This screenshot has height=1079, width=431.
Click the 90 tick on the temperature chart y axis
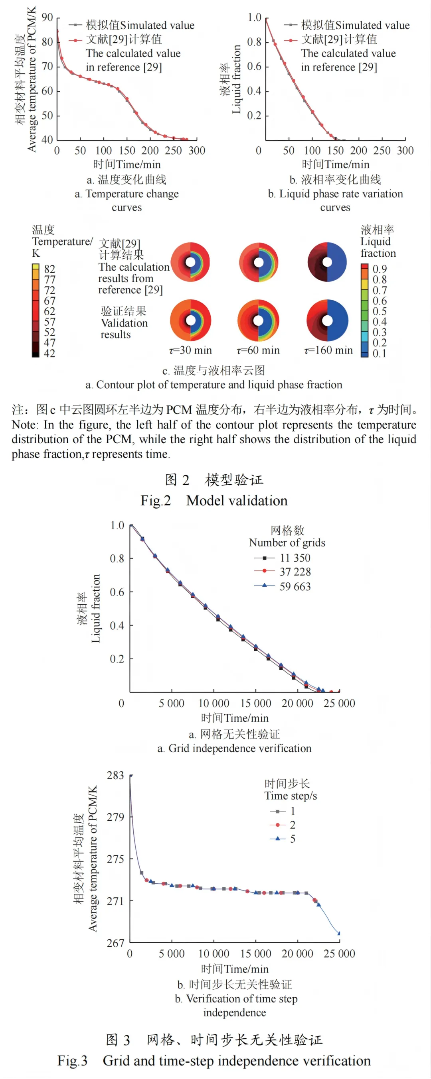[47, 18]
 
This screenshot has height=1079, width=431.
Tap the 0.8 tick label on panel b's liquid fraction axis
[254, 42]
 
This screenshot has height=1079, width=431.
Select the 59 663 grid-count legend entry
[295, 587]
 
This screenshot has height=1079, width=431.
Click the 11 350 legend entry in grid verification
[295, 558]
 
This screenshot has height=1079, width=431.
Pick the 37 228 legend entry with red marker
[295, 572]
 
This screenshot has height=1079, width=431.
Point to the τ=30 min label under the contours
[190, 350]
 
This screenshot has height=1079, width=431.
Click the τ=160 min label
[328, 350]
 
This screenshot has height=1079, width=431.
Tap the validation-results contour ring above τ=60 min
[259, 320]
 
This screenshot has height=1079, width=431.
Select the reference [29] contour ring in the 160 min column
[327, 262]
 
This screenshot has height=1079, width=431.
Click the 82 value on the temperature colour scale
[49, 269]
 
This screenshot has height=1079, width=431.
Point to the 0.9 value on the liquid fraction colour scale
[380, 269]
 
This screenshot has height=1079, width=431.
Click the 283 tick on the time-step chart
[115, 775]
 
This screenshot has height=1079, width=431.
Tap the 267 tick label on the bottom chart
[115, 943]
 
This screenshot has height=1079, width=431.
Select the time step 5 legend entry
[292, 839]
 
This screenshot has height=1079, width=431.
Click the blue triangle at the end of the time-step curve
[339, 933]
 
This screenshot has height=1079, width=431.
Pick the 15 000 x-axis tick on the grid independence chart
[255, 703]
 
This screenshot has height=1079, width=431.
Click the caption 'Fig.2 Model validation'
[214, 501]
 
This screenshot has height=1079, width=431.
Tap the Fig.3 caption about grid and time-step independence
[214, 1061]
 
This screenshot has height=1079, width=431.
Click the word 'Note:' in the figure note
[25, 425]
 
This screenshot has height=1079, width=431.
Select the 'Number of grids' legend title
[287, 543]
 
